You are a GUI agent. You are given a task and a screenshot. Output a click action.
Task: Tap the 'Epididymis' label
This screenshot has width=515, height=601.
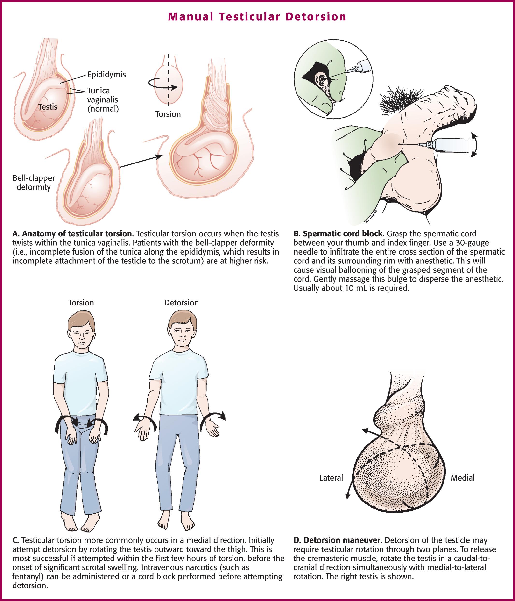[x=106, y=75]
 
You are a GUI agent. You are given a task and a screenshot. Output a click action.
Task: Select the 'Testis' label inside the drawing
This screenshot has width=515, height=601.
[x=48, y=107]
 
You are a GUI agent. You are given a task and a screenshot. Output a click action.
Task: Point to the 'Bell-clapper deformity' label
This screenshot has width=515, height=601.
[x=34, y=183]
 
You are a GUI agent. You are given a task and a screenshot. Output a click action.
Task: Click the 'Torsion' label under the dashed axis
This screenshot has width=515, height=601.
[x=168, y=114]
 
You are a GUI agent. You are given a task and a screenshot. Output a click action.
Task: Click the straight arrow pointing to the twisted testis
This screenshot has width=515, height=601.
[x=141, y=162]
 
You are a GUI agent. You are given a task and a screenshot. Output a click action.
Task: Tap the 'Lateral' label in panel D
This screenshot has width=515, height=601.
[x=331, y=478]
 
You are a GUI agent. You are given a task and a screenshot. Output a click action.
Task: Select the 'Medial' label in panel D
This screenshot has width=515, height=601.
[x=463, y=478]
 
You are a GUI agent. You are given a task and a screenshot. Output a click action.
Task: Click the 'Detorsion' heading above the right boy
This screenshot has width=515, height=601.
[x=182, y=303]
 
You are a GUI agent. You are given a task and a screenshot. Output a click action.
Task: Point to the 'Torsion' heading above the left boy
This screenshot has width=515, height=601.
[x=81, y=303]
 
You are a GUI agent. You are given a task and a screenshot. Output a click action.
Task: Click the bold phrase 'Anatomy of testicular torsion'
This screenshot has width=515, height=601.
[x=77, y=234]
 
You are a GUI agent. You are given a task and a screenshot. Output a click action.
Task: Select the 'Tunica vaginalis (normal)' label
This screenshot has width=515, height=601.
[x=103, y=100]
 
